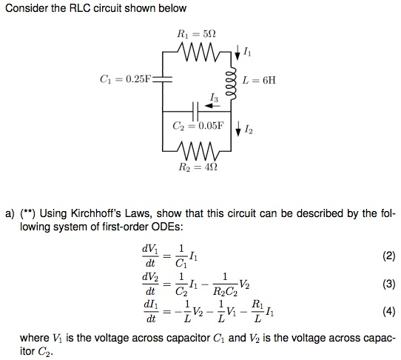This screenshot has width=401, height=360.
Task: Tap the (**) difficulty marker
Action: point(32,215)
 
